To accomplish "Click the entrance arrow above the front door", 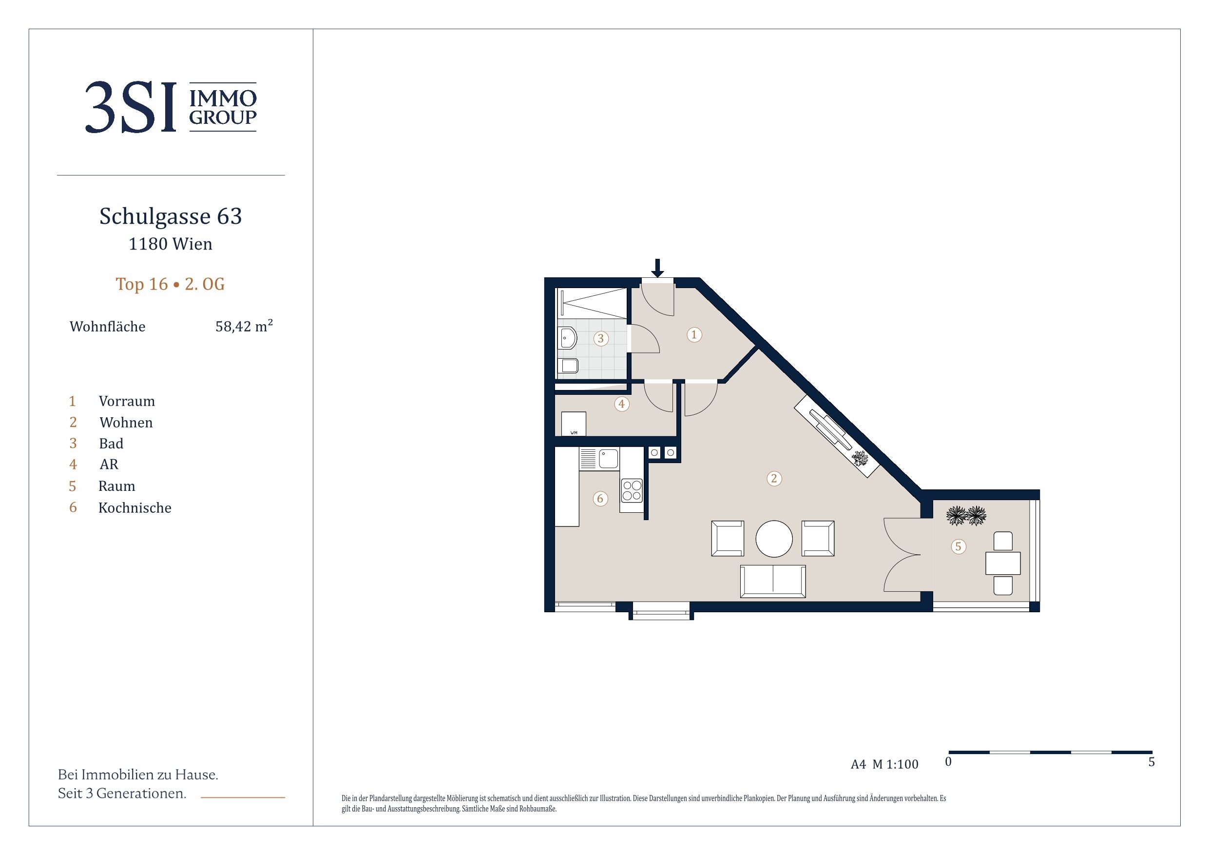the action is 657,268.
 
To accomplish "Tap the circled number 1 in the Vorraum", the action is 694,334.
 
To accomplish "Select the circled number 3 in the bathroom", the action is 601,338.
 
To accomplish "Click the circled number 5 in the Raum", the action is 959,546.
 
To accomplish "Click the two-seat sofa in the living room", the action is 773,581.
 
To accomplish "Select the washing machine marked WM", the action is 574,424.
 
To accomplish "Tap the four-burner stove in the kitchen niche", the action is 632,490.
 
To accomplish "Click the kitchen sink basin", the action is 608,458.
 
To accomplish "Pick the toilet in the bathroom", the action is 569,366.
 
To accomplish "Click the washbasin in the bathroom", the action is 567,338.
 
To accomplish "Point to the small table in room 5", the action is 1002,563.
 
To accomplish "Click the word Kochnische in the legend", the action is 135,508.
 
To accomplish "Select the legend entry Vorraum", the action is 127,402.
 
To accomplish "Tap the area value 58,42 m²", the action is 244,326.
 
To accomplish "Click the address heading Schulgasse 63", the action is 171,216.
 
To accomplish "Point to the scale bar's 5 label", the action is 1151,762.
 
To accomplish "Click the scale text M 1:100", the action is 895,764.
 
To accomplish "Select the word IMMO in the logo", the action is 223,98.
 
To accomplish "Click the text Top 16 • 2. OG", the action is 170,284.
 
